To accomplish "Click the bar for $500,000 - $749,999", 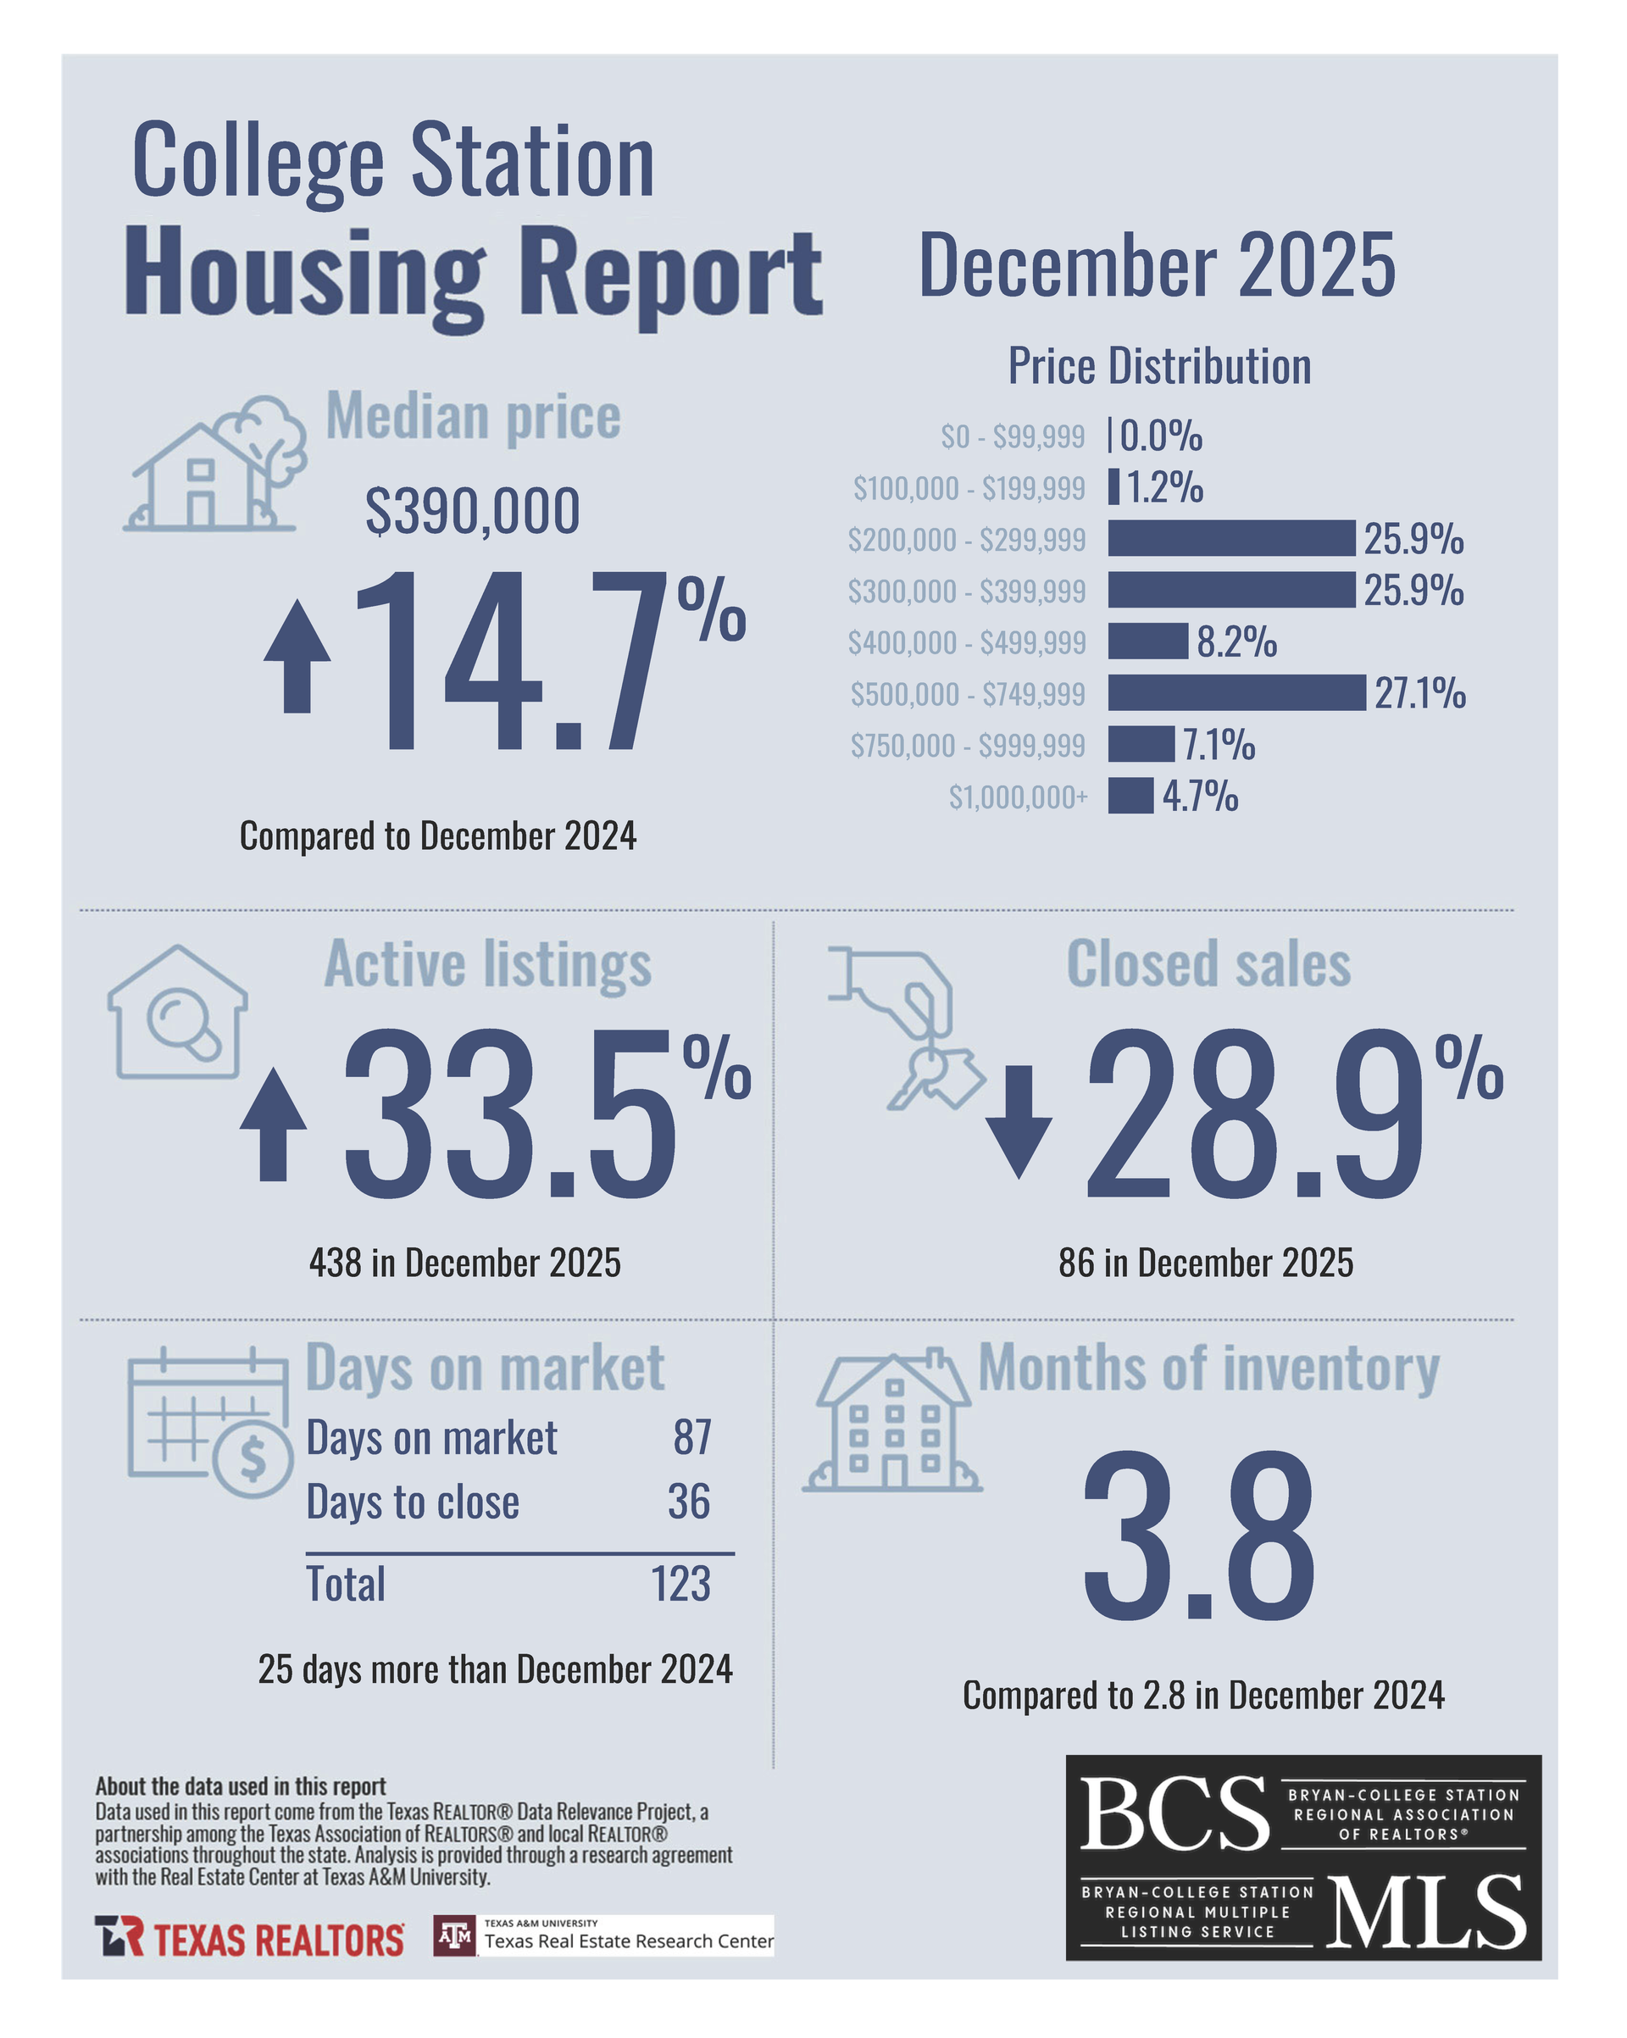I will click(1236, 693).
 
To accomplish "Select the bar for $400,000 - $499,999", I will click(1147, 641).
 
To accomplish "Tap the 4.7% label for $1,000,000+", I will click(1200, 796).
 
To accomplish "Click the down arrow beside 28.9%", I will click(1019, 1121).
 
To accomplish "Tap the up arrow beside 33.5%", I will click(273, 1124).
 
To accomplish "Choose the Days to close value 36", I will click(688, 1501).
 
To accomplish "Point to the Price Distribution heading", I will click(1159, 366).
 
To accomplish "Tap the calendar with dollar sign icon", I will click(210, 1422).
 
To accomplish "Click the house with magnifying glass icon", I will click(178, 1013).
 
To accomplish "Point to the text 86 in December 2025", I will click(1205, 1263).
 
